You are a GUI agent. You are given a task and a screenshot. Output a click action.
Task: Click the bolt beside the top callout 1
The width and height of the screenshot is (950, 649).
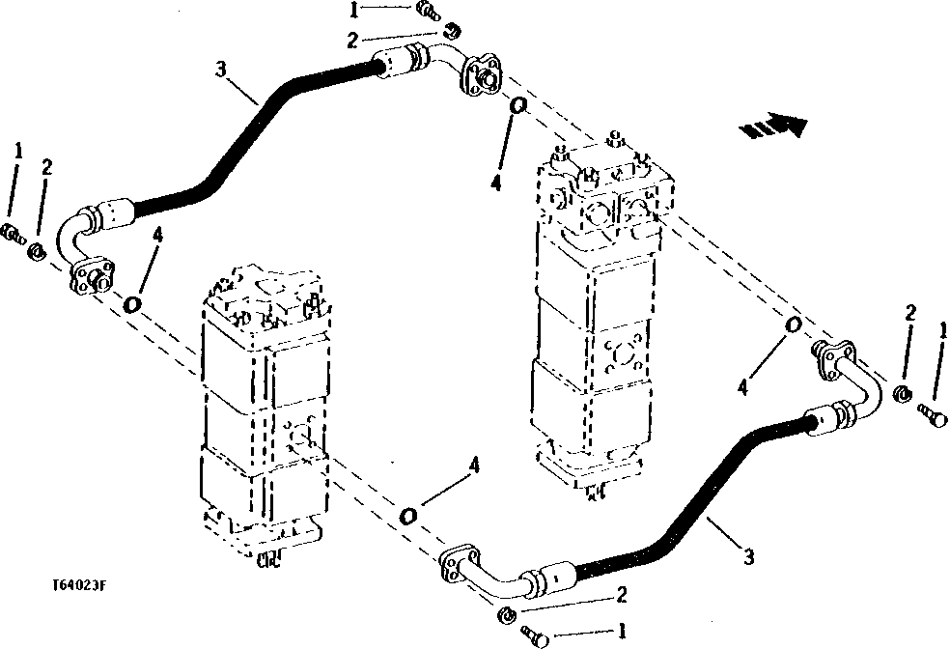(x=426, y=11)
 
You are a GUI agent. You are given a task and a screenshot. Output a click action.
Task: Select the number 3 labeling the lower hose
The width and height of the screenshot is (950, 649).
(x=747, y=555)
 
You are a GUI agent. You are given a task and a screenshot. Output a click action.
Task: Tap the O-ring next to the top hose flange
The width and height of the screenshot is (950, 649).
(x=518, y=105)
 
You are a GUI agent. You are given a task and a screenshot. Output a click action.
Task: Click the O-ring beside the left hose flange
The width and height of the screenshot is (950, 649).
(x=133, y=303)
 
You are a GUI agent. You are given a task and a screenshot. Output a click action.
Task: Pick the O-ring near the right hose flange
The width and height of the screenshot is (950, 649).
(x=793, y=324)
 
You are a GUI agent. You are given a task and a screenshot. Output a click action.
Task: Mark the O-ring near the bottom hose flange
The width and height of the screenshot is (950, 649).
(x=408, y=515)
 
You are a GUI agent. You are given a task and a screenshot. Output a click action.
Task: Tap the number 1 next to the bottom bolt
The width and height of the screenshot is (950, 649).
(x=623, y=633)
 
